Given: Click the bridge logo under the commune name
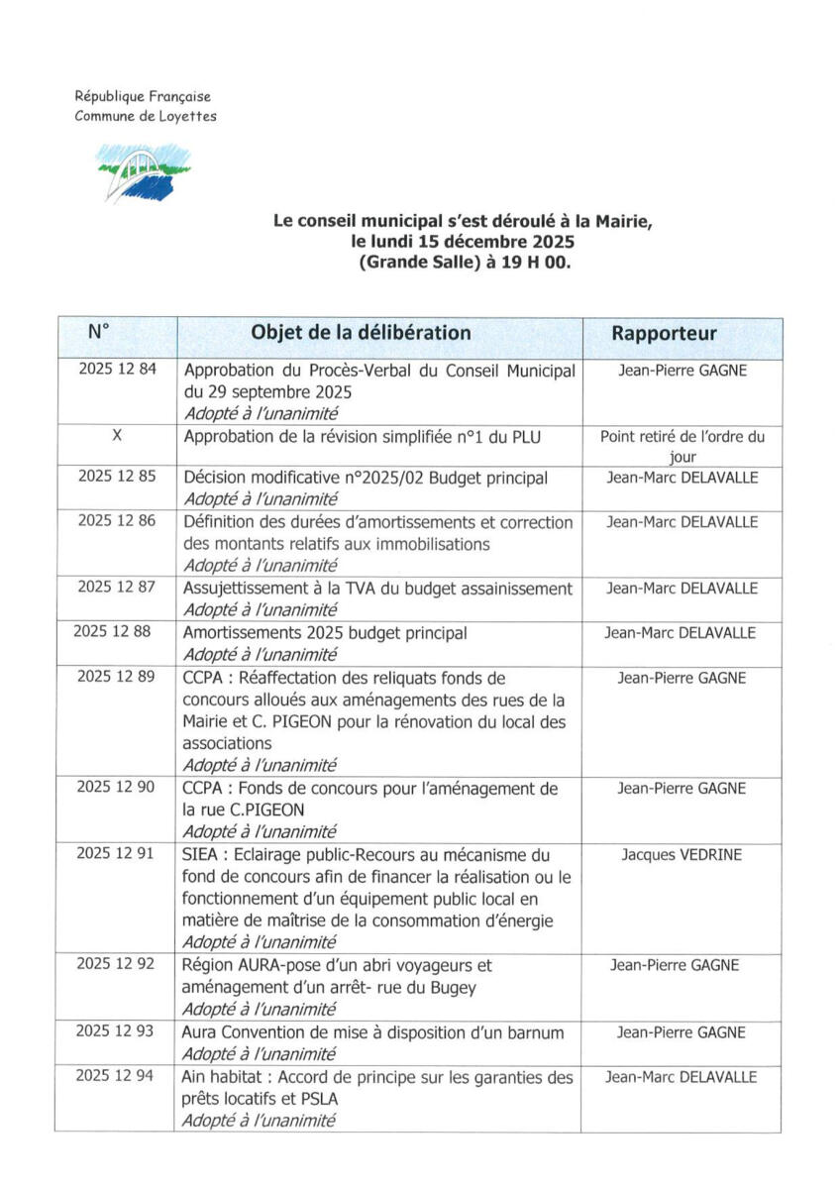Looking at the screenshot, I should click(x=145, y=171).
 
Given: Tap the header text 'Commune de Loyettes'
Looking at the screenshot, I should click(x=146, y=116).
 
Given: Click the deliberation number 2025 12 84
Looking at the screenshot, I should click(x=117, y=370).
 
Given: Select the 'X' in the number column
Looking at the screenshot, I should click(x=117, y=435).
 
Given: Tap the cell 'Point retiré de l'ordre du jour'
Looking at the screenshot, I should click(x=682, y=446).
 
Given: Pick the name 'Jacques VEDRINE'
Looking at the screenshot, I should click(x=682, y=854).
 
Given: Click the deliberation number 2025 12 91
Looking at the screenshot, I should click(x=116, y=854).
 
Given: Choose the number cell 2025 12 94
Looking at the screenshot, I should click(x=116, y=1077).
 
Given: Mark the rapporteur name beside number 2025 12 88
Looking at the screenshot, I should click(x=682, y=633).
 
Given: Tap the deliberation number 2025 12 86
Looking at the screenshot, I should click(x=117, y=522).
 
